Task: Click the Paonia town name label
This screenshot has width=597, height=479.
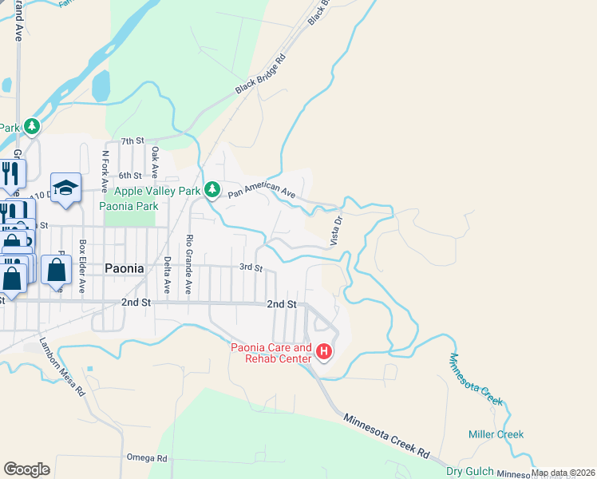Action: tap(125, 269)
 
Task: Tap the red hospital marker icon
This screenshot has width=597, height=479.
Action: tap(324, 351)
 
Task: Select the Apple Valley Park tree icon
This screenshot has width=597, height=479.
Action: tap(212, 190)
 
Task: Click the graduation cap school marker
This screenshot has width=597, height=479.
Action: tap(65, 188)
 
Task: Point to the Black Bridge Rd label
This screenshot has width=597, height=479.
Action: tap(260, 74)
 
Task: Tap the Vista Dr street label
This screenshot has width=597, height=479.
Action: tap(337, 230)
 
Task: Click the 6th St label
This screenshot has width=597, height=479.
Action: tap(130, 175)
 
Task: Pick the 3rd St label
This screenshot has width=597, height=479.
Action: tap(251, 268)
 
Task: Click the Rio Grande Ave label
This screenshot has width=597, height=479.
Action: tap(189, 263)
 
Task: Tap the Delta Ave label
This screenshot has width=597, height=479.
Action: tap(168, 273)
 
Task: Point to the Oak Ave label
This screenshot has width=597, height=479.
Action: tap(155, 161)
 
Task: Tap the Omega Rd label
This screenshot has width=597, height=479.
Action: tap(147, 458)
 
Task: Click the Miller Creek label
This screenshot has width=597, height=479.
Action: tap(496, 434)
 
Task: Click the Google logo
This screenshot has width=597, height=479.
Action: tap(26, 469)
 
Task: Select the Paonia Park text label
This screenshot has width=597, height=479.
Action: tap(129, 206)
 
